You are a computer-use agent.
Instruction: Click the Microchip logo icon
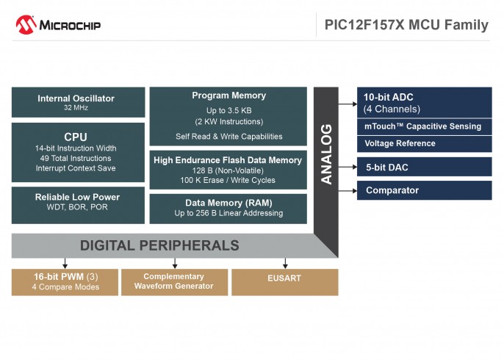[26, 25]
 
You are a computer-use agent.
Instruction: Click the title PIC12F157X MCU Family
[406, 25]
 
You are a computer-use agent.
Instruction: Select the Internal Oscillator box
[78, 102]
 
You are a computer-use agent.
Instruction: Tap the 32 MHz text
[78, 108]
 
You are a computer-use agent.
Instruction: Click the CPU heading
[76, 137]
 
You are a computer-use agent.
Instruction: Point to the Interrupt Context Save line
[76, 168]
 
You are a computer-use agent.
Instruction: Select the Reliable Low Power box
[78, 202]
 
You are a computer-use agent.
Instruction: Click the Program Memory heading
[228, 96]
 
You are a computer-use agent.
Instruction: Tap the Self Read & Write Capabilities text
[228, 136]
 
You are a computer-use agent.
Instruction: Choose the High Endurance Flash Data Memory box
[228, 170]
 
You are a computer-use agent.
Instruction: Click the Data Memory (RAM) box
[228, 208]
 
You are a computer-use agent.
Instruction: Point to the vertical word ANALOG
[326, 154]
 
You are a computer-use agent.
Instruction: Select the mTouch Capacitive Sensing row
[423, 126]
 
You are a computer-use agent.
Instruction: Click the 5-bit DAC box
[423, 167]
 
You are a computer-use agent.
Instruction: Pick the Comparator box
[423, 190]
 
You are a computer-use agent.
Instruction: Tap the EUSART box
[284, 279]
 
